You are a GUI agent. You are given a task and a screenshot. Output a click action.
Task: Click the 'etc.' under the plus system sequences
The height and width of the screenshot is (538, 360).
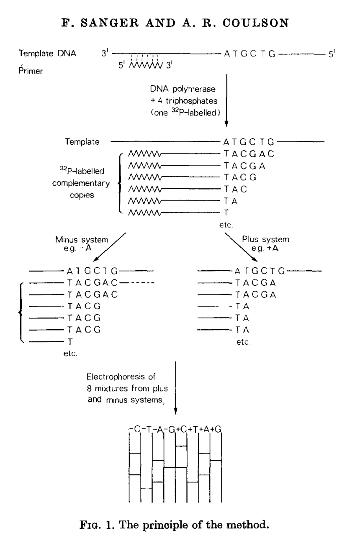click(243, 342)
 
